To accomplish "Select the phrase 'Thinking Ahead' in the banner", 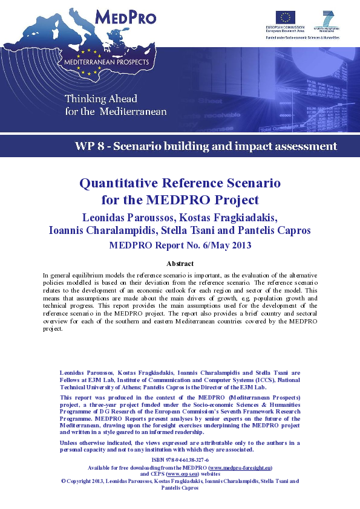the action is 101,99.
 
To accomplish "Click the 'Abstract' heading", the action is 180,264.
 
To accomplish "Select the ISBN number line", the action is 180,461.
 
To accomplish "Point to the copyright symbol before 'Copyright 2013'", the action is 63,482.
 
